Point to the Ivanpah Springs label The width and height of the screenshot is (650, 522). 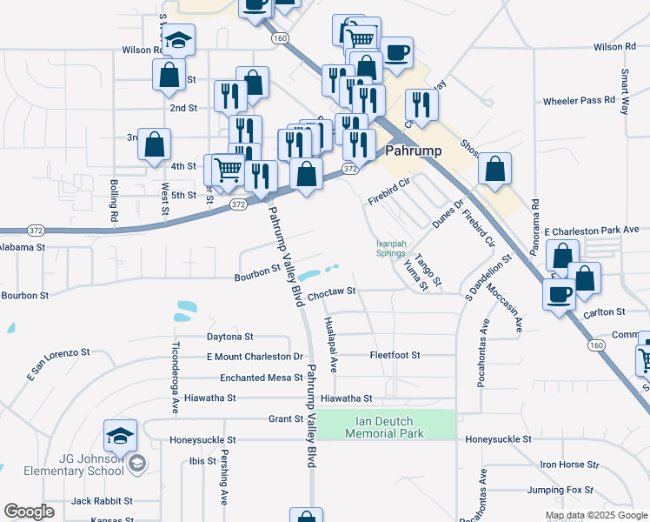(390, 248)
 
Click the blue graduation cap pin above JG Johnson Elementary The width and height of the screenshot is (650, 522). (120, 436)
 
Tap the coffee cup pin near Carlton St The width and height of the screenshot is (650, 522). (556, 293)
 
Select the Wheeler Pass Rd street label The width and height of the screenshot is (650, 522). (579, 101)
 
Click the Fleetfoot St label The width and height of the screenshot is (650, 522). (395, 355)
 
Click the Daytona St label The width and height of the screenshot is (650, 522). (229, 336)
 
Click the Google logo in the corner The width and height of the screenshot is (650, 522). (30, 512)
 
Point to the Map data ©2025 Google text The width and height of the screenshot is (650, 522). (595, 515)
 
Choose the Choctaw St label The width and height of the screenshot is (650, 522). (332, 292)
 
